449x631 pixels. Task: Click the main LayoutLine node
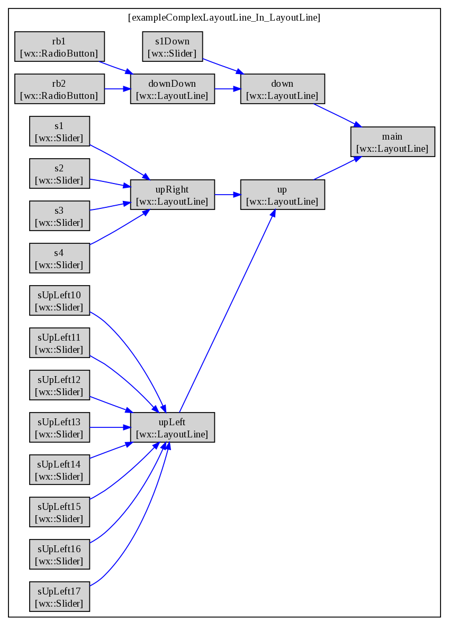coord(393,142)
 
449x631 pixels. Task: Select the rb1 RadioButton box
coord(60,47)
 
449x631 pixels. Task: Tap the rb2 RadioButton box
coord(60,89)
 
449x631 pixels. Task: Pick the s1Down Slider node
coord(173,47)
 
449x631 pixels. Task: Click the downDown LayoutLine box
coord(173,89)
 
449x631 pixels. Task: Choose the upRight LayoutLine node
coord(173,195)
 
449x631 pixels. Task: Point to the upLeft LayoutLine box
coord(173,427)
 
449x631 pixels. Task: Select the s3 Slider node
coord(60,216)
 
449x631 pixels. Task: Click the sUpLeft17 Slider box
coord(60,597)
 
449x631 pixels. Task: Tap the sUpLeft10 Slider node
coord(60,300)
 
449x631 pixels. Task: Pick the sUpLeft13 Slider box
coord(60,427)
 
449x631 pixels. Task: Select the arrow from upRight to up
coord(228,195)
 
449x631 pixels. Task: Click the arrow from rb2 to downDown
coord(118,89)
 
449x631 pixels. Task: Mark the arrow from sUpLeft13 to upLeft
coord(110,427)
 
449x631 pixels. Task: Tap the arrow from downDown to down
coord(228,89)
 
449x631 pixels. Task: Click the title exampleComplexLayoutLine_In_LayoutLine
coord(224,17)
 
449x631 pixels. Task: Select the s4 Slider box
coord(60,258)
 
